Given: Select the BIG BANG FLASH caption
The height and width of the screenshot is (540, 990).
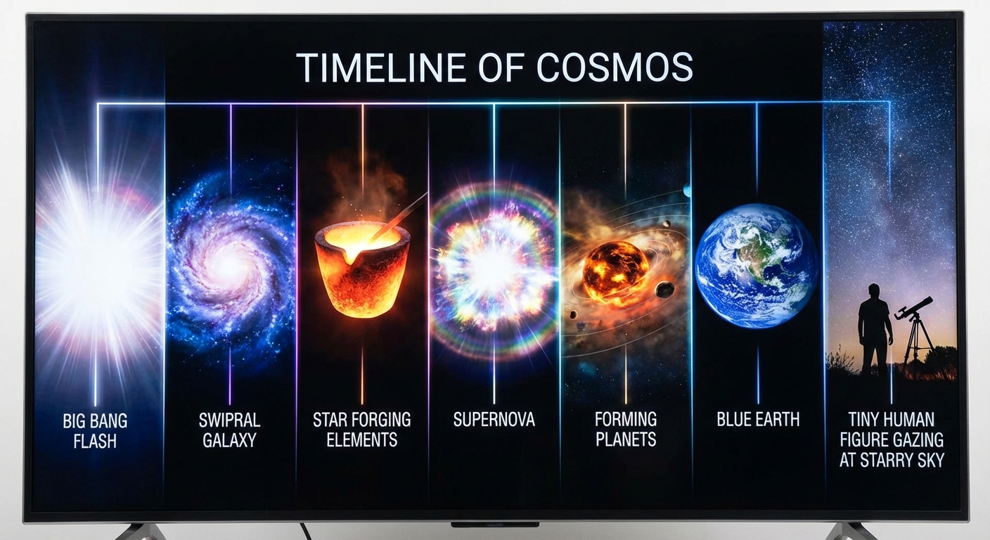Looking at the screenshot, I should click(x=95, y=430).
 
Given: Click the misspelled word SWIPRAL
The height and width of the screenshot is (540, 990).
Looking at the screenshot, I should click(x=229, y=420).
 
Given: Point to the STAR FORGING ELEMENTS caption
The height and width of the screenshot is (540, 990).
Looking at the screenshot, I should click(x=361, y=430).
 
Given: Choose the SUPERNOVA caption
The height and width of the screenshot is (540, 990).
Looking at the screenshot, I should click(x=494, y=420).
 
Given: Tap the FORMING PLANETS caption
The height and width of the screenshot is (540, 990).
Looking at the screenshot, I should click(x=625, y=430).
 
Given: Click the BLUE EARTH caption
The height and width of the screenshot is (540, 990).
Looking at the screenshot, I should click(x=758, y=420).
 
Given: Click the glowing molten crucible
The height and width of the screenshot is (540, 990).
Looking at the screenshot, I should click(x=352, y=271).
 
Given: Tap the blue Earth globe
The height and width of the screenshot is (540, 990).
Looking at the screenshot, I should click(x=756, y=266).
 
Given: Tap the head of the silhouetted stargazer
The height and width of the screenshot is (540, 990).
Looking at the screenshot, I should click(x=874, y=290).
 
